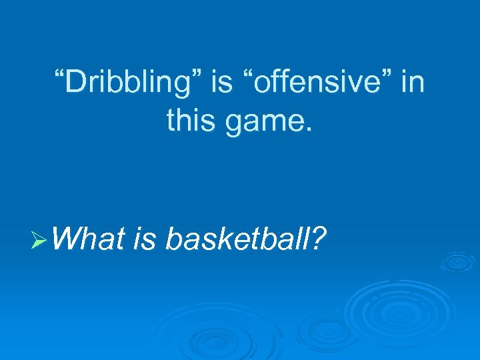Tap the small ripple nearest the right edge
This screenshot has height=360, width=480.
[457, 261]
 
